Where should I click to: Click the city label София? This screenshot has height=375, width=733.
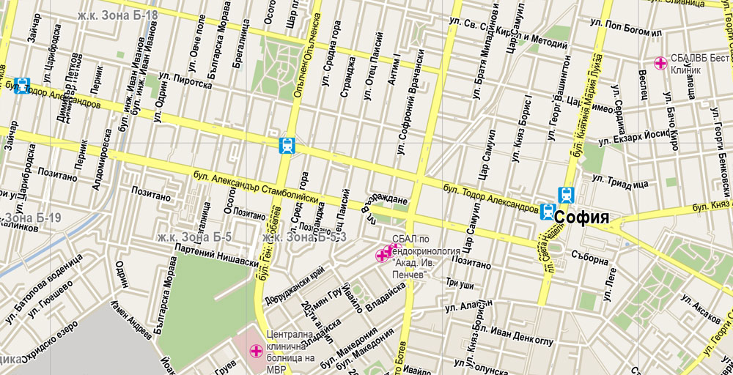[582, 218]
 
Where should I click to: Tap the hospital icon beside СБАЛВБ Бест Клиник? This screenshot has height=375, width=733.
[660, 63]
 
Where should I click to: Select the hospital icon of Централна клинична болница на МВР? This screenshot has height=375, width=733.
[257, 352]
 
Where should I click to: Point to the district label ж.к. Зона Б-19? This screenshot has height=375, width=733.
[29, 218]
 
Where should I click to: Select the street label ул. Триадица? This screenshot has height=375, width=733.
[620, 181]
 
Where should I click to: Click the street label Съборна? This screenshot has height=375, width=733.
[591, 259]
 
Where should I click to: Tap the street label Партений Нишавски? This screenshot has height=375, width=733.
[217, 253]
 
